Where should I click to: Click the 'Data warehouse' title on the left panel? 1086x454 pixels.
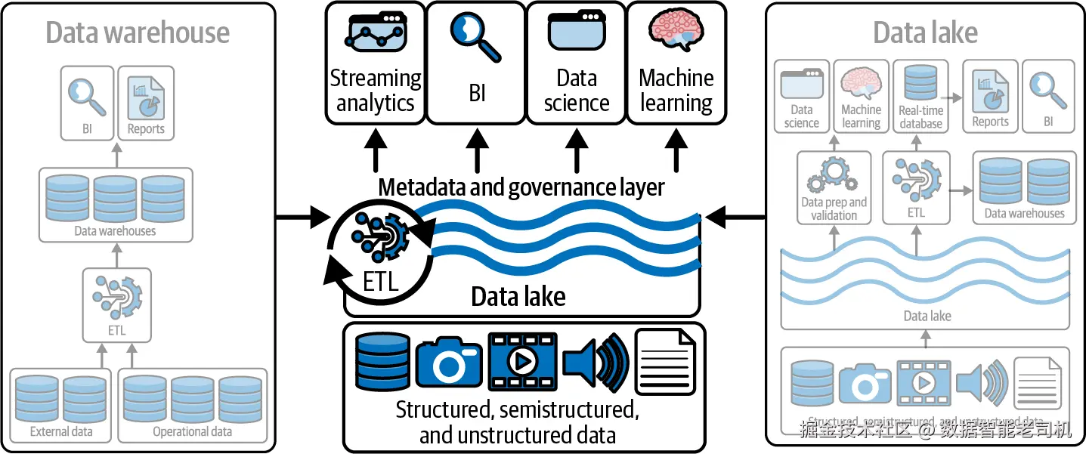[x=138, y=33]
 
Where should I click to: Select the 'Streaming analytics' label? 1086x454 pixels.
[x=376, y=91]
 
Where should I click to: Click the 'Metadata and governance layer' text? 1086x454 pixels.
[x=521, y=187]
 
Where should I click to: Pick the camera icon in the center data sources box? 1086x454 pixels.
[x=448, y=361]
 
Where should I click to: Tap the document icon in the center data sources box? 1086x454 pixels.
[x=665, y=361]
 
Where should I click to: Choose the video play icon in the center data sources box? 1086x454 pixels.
[x=522, y=361]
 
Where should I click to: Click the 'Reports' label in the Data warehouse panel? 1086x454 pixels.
[x=146, y=129]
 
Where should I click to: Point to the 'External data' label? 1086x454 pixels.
[x=61, y=432]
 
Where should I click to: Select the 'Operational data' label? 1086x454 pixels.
[x=192, y=432]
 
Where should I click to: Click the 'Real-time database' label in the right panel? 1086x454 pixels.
[x=920, y=117]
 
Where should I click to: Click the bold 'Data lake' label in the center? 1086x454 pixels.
[x=518, y=297]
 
